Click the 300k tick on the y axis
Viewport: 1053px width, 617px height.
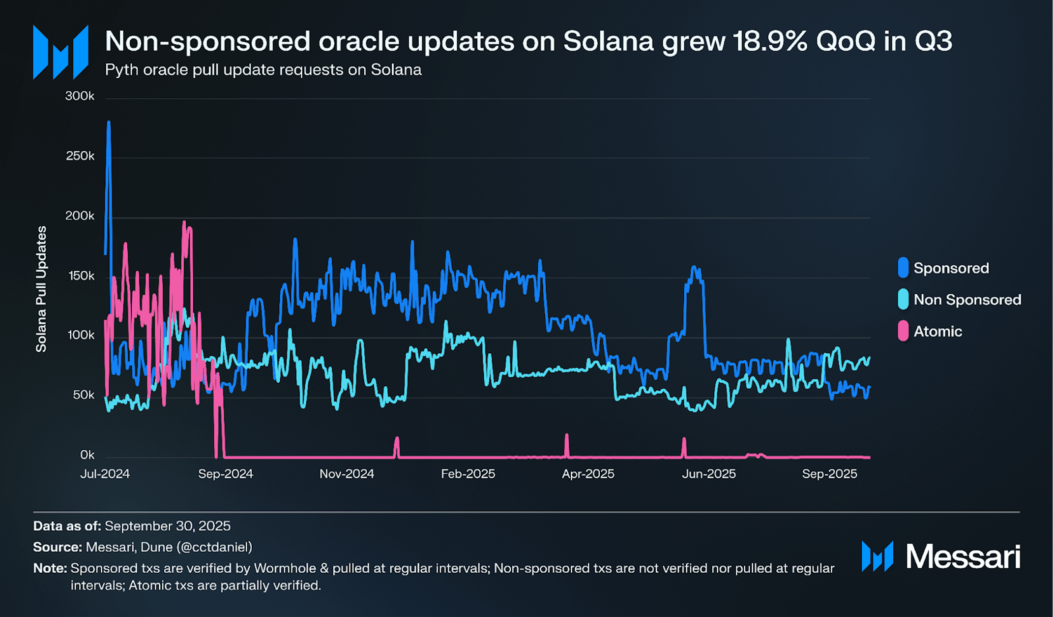coord(80,96)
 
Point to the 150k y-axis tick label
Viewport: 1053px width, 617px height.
coord(81,276)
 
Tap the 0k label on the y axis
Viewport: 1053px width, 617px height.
coord(88,455)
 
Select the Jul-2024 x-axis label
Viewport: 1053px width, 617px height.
coord(105,474)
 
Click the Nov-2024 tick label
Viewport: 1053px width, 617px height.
coord(347,474)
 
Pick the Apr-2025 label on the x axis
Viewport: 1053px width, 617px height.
coord(588,474)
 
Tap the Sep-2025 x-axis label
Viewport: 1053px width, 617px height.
coord(829,474)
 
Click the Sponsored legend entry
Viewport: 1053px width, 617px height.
coord(951,268)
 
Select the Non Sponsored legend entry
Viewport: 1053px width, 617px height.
coord(967,300)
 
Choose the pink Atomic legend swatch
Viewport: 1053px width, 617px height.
coord(903,331)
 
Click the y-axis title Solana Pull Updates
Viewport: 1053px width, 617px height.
coord(41,289)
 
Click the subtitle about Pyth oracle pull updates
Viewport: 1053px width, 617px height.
coord(263,70)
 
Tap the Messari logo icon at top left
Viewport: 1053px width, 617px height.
coord(60,52)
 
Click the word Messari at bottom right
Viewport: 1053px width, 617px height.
coord(963,557)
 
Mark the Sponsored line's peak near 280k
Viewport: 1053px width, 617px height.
coord(109,123)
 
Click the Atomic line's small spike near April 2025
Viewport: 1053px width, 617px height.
coord(567,436)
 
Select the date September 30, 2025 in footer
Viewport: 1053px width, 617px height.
coord(168,526)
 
